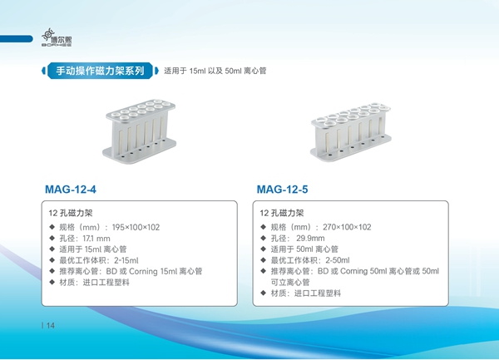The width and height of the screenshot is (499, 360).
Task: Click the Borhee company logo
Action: click(x=57, y=38)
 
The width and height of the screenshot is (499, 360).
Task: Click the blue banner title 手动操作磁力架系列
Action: click(x=101, y=71)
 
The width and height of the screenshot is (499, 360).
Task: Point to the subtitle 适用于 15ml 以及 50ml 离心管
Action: click(x=215, y=71)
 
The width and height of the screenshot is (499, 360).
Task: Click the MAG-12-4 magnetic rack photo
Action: click(x=140, y=131)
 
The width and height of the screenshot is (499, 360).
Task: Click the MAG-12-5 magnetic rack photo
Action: click(x=350, y=132)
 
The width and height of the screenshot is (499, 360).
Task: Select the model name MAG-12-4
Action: click(x=71, y=190)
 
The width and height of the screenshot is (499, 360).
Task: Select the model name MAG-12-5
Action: click(x=282, y=190)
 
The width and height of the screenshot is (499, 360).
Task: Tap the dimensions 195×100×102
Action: click(x=136, y=227)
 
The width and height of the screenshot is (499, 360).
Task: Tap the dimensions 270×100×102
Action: click(x=347, y=227)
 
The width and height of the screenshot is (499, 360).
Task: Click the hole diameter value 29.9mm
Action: click(x=310, y=238)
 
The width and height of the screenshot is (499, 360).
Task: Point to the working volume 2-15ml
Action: click(x=126, y=260)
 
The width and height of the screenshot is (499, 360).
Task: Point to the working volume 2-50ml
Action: click(x=338, y=260)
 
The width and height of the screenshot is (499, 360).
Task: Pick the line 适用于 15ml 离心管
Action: click(x=93, y=249)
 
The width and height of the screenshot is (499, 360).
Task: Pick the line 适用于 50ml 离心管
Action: click(x=304, y=249)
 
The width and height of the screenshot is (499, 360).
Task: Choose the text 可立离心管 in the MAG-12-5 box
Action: click(x=290, y=282)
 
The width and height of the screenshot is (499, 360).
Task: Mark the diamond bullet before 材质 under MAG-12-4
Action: click(x=52, y=282)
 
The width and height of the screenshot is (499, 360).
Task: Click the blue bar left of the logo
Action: click(x=16, y=39)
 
